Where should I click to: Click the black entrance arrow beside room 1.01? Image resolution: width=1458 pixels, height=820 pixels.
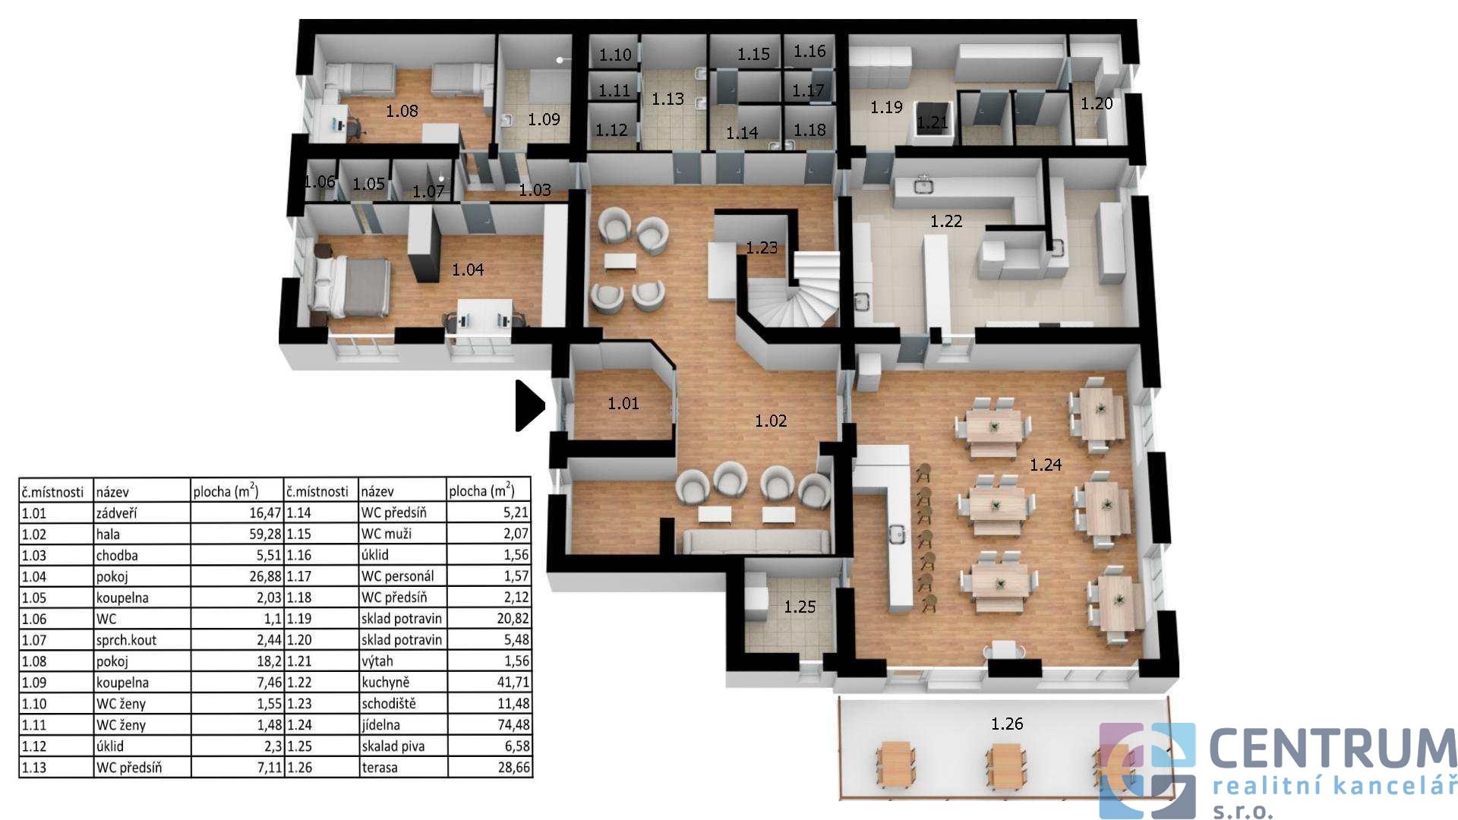point(529,405)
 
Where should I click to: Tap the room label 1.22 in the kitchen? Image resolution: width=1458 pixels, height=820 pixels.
point(946,221)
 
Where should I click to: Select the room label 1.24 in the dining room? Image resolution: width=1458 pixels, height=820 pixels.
point(1046,465)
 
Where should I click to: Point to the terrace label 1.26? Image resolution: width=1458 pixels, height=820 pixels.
point(1007,724)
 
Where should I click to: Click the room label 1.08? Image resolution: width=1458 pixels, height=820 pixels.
point(402,111)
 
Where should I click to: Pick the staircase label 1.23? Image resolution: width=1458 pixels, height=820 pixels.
point(762,248)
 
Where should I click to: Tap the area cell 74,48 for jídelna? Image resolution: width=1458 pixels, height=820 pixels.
point(513,725)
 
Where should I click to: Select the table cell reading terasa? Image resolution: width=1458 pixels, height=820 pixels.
point(380,768)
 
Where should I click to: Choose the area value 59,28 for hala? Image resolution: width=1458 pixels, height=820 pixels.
point(265,535)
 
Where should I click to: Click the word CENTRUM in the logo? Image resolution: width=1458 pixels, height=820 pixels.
point(1333,749)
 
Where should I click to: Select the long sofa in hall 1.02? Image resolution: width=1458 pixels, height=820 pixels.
point(756,541)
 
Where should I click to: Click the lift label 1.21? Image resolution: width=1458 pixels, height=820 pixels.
point(933,122)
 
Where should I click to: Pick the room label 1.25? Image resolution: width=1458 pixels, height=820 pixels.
point(800,607)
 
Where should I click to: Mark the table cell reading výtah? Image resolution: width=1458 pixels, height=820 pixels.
point(377,661)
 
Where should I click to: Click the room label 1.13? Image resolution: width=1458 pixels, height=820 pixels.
point(667,99)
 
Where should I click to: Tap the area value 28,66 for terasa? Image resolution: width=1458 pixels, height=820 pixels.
point(513,768)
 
